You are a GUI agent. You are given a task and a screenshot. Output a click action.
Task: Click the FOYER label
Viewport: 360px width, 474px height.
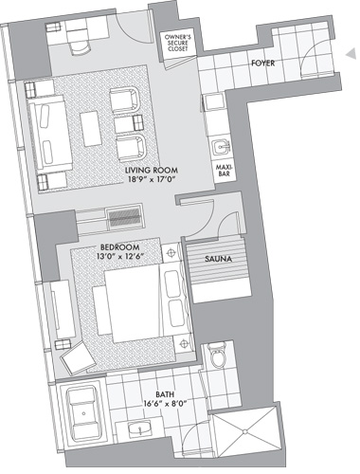pos(262,64)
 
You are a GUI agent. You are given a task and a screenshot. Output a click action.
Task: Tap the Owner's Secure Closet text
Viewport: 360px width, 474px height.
pos(178,43)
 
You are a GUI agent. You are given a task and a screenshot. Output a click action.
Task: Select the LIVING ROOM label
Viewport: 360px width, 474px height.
pos(152,170)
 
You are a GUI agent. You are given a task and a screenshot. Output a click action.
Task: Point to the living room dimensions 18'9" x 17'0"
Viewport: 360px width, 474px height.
pos(151,179)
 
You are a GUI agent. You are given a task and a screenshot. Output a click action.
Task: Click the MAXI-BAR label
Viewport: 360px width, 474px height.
pos(223,169)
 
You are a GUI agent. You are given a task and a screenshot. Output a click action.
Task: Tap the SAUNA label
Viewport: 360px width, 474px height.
pos(218,259)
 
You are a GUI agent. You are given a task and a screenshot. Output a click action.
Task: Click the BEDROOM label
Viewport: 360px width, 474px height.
pos(119,246)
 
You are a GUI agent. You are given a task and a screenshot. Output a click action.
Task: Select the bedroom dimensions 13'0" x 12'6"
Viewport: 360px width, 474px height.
pos(120,256)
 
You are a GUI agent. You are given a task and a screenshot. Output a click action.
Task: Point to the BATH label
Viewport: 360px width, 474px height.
pos(165,394)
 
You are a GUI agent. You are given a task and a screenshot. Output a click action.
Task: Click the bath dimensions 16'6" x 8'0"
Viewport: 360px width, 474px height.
pos(165,403)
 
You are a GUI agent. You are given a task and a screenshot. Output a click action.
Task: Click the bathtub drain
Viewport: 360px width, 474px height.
pos(84,413)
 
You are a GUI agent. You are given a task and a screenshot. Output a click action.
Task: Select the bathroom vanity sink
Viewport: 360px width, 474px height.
pos(140,428)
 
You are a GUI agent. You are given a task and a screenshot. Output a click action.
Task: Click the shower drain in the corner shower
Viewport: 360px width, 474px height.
pos(244,431)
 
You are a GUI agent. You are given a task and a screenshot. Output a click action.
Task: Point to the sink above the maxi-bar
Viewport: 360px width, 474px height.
pos(222,147)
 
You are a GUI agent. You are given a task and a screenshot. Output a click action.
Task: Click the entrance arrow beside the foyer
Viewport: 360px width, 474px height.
pos(351,54)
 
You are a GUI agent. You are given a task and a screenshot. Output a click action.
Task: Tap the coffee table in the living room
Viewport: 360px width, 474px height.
pos(91,129)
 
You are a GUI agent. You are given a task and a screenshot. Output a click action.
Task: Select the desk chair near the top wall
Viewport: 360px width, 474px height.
pos(79,47)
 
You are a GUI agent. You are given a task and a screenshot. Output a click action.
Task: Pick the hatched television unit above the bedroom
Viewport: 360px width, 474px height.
pos(124,217)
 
